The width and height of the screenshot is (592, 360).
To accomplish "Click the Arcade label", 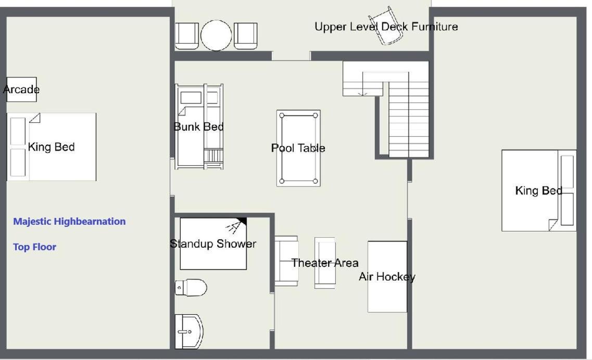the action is pos(21,89).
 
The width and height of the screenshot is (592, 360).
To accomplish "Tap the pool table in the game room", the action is pos(298,148).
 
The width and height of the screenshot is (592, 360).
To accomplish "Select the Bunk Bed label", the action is pos(198,127).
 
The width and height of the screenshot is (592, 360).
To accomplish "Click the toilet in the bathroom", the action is pos(191,288).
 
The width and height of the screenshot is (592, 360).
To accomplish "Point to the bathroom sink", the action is pos(189,332).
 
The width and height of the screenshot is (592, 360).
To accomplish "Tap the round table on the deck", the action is pos(216,35).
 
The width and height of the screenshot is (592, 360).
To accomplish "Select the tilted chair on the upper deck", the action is pos(385,25).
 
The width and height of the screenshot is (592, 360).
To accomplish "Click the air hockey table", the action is pos(387,277).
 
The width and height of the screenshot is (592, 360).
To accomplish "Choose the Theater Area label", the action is pos(325,263).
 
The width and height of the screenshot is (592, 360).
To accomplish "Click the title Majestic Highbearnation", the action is pos(69,221).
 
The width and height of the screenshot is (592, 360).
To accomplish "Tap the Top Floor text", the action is pos(35,247).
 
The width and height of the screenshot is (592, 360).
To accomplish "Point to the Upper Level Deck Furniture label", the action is pos(386,27).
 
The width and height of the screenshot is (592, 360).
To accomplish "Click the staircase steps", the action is pos(409,119).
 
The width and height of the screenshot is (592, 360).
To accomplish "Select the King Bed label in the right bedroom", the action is pos(539,190).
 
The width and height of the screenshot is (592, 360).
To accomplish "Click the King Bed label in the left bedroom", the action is pos(52,147).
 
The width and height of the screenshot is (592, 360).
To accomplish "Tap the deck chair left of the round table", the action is pos(187,36).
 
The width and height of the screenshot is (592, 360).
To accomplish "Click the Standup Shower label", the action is pos(213,244).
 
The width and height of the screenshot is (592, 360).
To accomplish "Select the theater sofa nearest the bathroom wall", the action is pos(286,261).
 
